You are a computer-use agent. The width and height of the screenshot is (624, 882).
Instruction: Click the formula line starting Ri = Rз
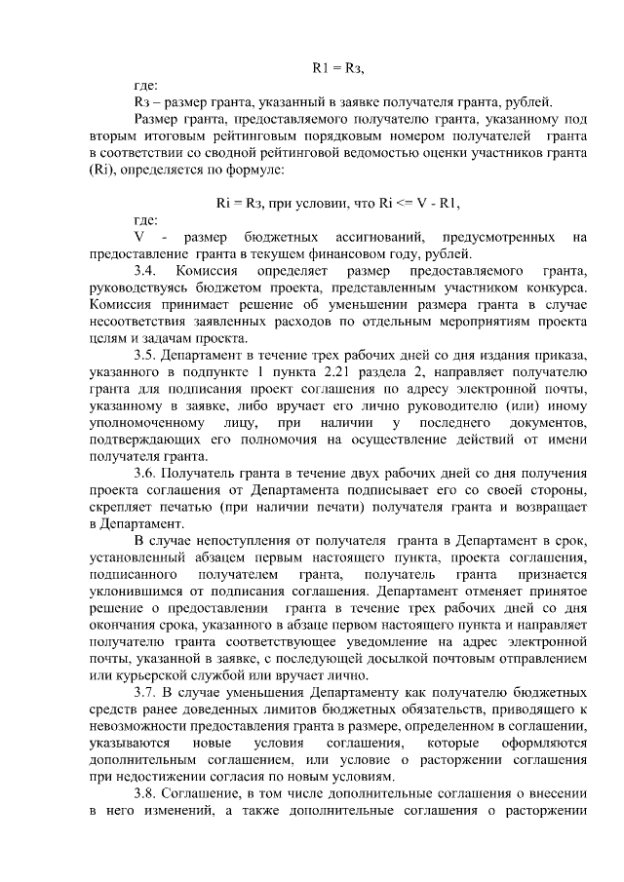(x=337, y=203)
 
